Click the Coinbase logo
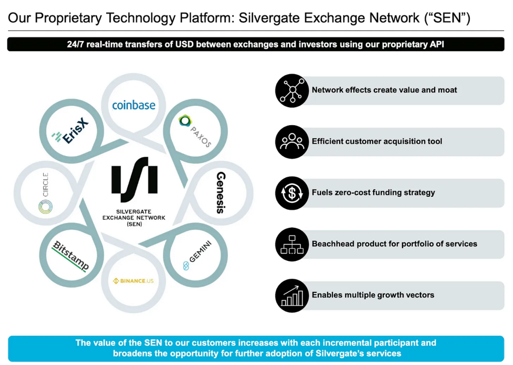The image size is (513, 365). point(134,105)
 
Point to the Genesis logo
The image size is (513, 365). point(220,193)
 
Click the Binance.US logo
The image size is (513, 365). point(133,281)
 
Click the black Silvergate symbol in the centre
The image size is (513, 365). point(134,180)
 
